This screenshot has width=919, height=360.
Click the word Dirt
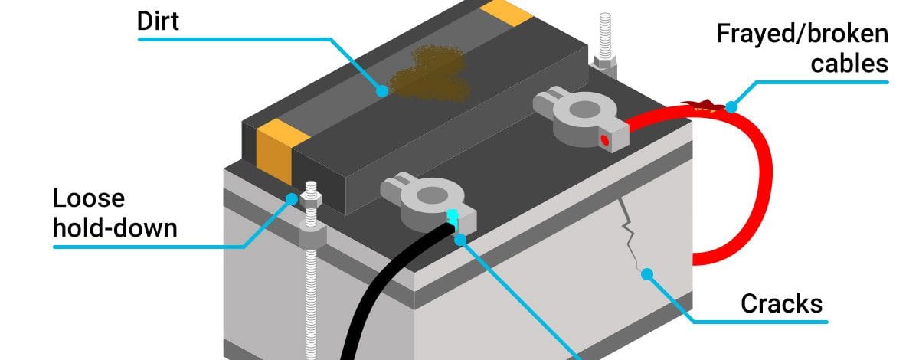[158, 21]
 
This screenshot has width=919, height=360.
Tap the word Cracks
[782, 304]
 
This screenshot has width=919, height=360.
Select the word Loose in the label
[89, 198]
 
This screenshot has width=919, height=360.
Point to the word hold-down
[115, 228]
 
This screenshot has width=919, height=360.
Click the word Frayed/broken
[803, 34]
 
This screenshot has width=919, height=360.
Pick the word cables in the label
[849, 64]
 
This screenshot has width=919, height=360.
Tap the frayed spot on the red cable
[704, 106]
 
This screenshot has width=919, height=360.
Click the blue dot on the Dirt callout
[382, 90]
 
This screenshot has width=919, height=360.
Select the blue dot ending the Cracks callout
[647, 273]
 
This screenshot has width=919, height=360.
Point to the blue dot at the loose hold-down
[292, 199]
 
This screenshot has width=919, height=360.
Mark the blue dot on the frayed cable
[731, 107]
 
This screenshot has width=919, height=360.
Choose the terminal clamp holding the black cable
[428, 205]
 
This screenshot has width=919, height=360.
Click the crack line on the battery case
[630, 234]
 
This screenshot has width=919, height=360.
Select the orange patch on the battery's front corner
[279, 151]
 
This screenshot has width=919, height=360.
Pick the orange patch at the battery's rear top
[506, 12]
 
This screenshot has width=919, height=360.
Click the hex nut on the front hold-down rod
[311, 200]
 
